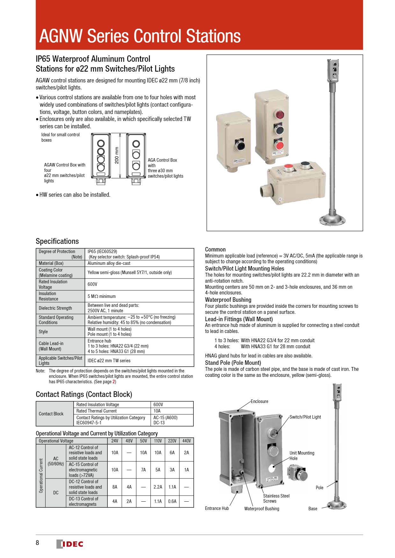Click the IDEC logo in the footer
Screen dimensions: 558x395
click(70, 544)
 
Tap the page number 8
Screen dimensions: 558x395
click(37, 543)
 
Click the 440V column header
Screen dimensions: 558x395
click(186, 441)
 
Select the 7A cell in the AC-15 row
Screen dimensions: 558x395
click(143, 470)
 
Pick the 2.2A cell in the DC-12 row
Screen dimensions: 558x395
click(158, 487)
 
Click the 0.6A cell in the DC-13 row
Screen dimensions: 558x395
click(172, 501)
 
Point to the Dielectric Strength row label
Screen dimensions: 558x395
click(55, 308)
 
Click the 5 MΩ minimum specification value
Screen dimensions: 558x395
click(102, 296)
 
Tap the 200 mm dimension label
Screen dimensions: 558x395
click(117, 155)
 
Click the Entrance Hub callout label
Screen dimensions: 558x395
click(217, 508)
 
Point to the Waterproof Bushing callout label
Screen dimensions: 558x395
click(262, 509)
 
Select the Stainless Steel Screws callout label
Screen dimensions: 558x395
click(276, 498)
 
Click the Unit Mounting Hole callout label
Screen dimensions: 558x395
click(302, 456)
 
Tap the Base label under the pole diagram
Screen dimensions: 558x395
click(312, 509)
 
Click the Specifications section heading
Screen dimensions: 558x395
click(57, 241)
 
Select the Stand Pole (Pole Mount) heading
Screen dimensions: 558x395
click(233, 363)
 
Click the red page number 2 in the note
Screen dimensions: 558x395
click(114, 382)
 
